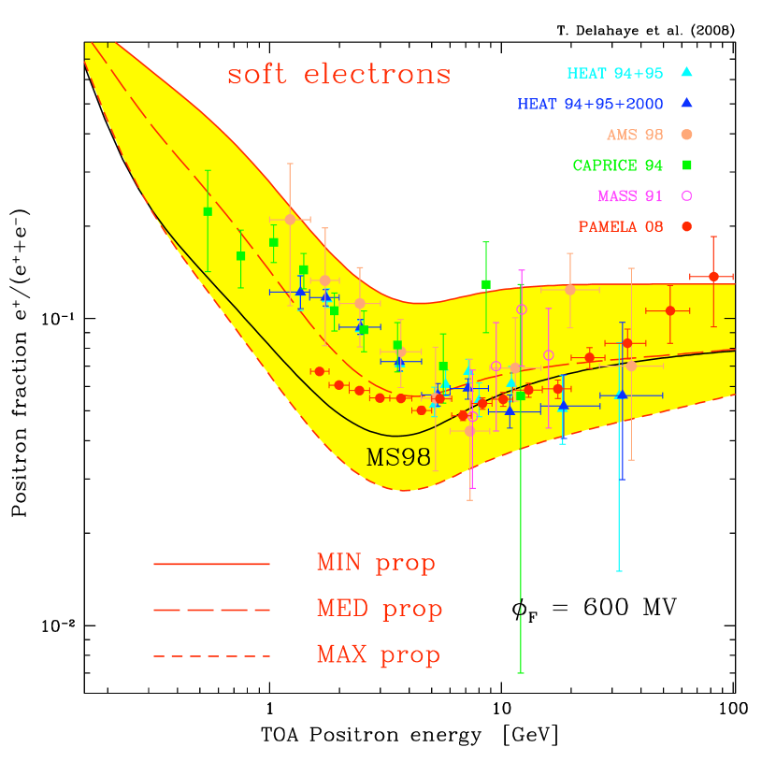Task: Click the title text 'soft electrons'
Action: click(x=338, y=75)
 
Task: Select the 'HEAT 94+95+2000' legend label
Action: click(x=590, y=104)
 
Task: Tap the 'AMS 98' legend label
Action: click(x=634, y=135)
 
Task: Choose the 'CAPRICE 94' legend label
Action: click(x=617, y=165)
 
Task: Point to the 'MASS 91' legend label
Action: click(x=630, y=196)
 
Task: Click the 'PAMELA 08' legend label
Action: click(x=620, y=227)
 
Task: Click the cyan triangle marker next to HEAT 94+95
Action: click(x=686, y=72)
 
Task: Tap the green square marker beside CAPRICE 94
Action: click(x=686, y=165)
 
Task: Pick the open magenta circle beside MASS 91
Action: click(x=686, y=195)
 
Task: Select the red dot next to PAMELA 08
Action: click(x=686, y=226)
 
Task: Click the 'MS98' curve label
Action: click(x=398, y=457)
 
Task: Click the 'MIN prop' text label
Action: click(x=376, y=564)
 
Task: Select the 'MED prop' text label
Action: click(x=379, y=610)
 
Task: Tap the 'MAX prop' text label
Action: click(x=378, y=655)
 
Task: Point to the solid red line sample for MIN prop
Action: click(x=211, y=565)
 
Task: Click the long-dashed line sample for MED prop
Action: click(x=211, y=610)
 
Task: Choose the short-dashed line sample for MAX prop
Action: click(x=211, y=656)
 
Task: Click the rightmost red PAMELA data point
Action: click(x=713, y=277)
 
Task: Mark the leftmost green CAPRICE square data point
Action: click(x=208, y=211)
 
